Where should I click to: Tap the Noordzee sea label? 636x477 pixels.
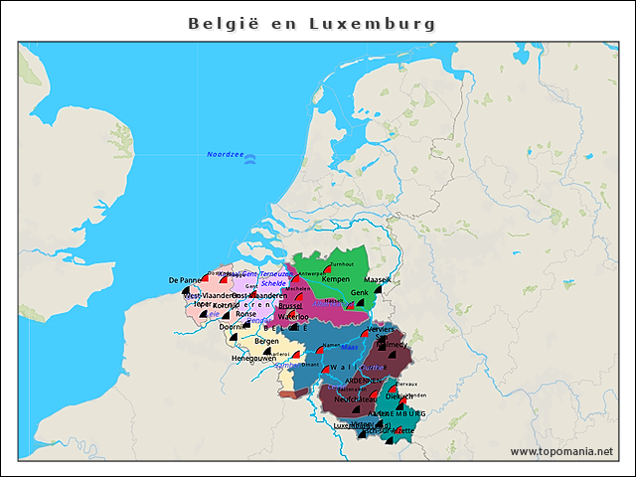tap(225, 154)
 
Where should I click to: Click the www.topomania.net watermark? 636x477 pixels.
tap(560, 451)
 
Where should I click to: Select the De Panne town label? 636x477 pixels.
tap(184, 280)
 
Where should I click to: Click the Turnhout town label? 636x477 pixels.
tap(341, 264)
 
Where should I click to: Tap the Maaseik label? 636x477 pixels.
tap(378, 280)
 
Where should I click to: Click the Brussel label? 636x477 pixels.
tap(290, 306)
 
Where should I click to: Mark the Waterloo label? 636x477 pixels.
tap(293, 317)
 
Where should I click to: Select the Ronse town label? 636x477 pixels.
tap(245, 313)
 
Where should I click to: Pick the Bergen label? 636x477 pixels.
tap(266, 341)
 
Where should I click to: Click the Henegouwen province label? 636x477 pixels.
tap(253, 357)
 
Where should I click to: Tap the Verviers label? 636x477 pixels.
tap(382, 328)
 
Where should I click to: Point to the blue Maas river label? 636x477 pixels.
tap(349, 347)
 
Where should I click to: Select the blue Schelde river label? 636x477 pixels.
tap(273, 283)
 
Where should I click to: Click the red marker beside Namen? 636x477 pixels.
tap(319, 351)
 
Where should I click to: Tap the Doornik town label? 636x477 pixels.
tap(233, 326)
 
